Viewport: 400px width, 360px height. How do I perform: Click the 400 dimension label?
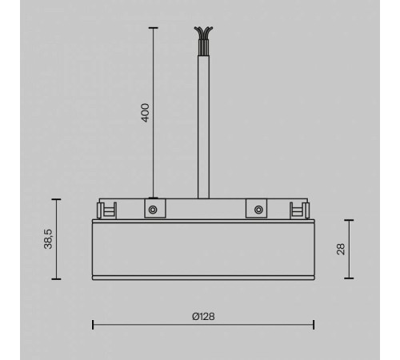[x=145, y=111]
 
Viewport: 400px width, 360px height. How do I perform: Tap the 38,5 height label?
[x=47, y=238]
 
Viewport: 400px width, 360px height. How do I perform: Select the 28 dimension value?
[x=341, y=249]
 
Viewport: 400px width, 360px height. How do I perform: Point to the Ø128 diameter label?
[x=203, y=315]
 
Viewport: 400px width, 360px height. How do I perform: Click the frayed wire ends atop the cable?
[x=203, y=34]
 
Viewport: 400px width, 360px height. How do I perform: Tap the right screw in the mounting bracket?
[x=257, y=210]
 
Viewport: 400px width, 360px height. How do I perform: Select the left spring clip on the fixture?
[x=104, y=210]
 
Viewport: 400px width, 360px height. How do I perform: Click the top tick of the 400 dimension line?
[x=152, y=26]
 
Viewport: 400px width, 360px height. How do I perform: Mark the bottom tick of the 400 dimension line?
[x=152, y=198]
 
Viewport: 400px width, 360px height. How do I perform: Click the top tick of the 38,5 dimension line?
[x=56, y=198]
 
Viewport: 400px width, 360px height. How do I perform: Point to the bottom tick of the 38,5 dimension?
[x=56, y=278]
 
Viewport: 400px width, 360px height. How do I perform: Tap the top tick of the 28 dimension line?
[x=350, y=220]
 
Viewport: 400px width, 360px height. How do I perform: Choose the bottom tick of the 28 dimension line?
[x=350, y=278]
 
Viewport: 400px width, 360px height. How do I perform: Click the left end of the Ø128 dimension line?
[x=93, y=324]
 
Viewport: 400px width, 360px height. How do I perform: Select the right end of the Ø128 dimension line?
[x=313, y=324]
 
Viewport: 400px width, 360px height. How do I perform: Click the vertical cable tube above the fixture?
[x=203, y=120]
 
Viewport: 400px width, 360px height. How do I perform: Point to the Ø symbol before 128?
[x=195, y=315]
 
